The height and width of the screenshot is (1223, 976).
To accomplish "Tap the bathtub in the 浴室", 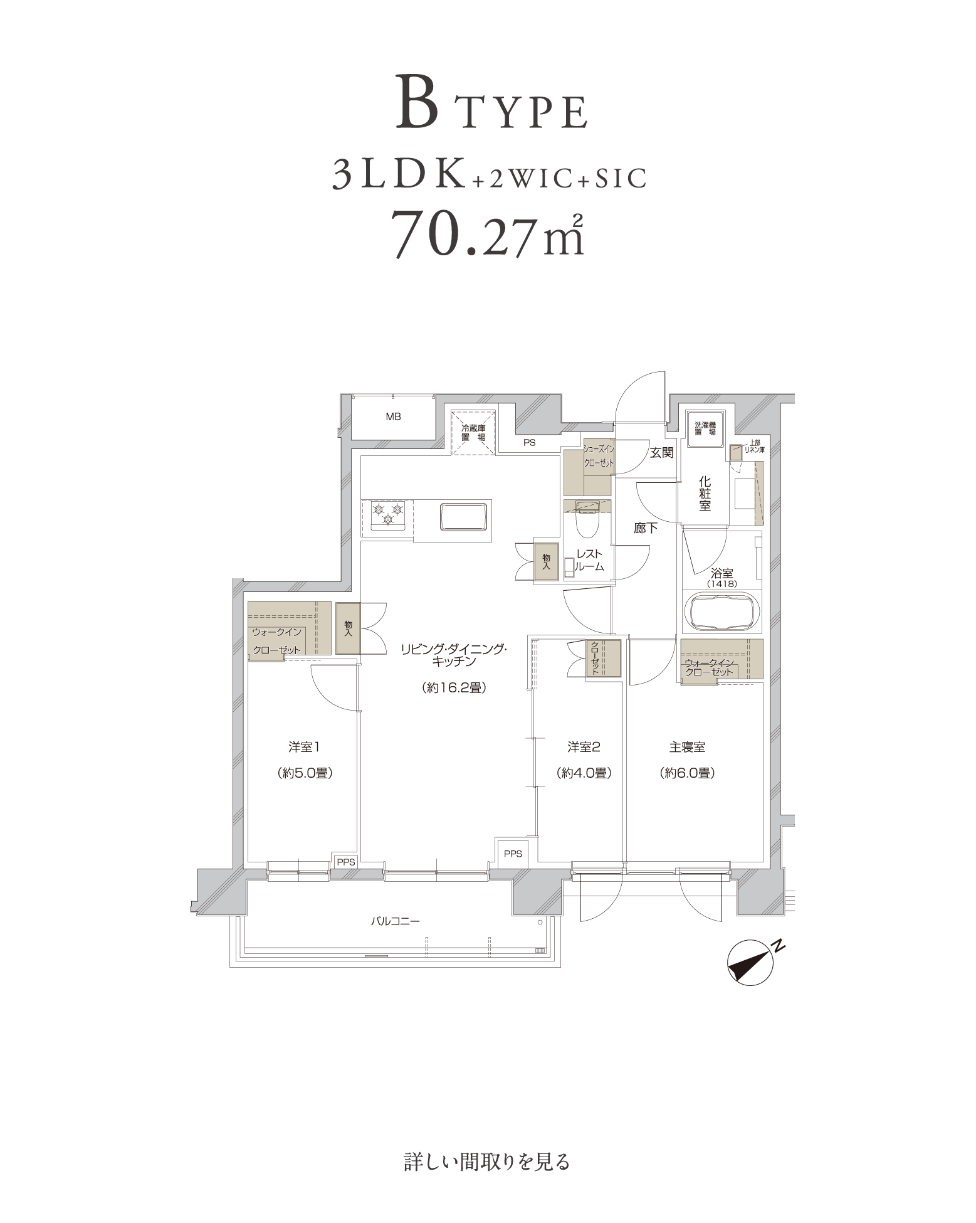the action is pos(723,611).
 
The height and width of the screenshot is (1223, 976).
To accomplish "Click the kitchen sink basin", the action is pos(464,517).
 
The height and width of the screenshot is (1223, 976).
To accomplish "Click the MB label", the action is pos(393,416).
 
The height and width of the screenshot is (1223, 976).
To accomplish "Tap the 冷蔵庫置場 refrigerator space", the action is pos(474,432).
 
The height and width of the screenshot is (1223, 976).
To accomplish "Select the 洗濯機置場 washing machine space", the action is pos(705,429).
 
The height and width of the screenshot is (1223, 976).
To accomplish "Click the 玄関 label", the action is pos(661,452).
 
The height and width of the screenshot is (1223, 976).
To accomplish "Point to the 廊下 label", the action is pos(646,528).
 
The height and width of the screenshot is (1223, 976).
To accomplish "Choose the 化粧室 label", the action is pos(705,494).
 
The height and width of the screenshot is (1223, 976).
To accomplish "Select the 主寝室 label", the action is pos(687,747).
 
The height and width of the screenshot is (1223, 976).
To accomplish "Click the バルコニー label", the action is pos(395,921).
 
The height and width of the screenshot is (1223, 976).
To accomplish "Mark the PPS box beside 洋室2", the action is pos(513,854).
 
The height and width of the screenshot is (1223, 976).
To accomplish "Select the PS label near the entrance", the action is pos(530,442).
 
